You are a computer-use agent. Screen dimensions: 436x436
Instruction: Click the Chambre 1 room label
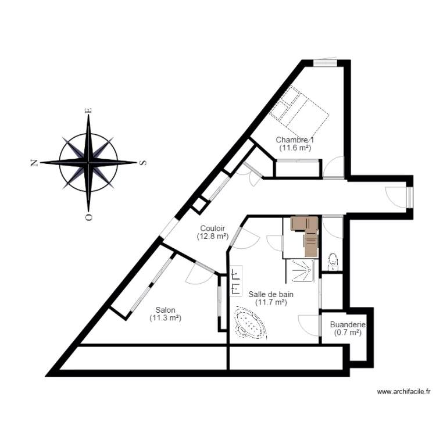(x=295, y=140)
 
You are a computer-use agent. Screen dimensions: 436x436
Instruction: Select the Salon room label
(x=166, y=310)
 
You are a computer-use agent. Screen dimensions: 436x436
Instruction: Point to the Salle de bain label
(x=271, y=294)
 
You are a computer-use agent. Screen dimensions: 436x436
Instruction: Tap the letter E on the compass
(x=88, y=110)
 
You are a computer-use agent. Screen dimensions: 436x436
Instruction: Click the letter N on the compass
(x=35, y=163)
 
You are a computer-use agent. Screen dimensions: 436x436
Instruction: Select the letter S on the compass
(x=143, y=162)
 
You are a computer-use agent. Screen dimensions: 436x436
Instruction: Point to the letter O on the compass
(x=88, y=217)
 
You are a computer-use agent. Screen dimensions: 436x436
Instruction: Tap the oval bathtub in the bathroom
(x=251, y=324)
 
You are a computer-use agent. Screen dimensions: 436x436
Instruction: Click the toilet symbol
(x=333, y=261)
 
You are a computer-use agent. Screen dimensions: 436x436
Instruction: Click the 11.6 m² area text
(x=295, y=148)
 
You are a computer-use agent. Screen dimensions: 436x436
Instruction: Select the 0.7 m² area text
(x=348, y=333)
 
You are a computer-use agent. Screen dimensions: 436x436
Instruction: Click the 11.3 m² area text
(x=166, y=318)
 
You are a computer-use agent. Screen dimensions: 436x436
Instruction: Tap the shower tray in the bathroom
(x=302, y=270)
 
